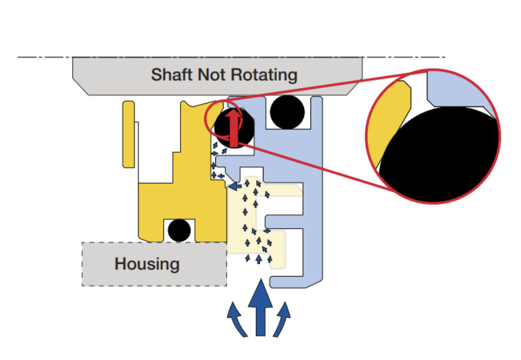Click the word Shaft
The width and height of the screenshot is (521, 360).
172,75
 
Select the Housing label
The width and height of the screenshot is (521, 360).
147,264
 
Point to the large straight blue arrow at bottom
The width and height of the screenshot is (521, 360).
260,308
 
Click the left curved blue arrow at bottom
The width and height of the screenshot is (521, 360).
236,319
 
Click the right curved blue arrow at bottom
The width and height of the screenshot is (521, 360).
282,319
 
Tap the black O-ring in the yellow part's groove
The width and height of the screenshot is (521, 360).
179,231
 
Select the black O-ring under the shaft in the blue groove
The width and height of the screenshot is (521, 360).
288,112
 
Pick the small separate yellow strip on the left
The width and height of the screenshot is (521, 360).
129,134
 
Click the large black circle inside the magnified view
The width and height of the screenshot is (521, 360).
439,155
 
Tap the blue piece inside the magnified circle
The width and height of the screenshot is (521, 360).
460,91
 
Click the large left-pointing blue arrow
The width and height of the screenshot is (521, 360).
235,186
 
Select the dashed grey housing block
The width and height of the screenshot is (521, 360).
155,264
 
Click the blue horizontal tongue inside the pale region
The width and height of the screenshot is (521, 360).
284,221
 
